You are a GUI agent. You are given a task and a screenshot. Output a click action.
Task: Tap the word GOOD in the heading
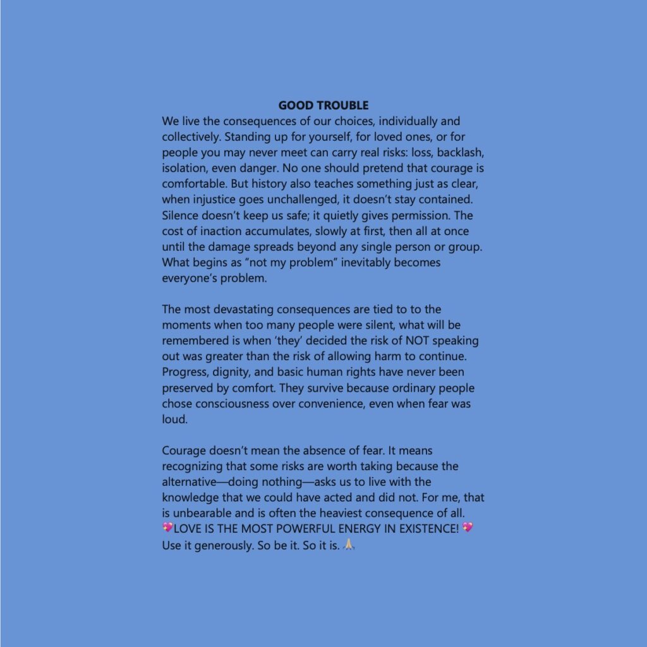click(294, 106)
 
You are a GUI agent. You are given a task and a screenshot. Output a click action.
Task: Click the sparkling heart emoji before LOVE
click(167, 528)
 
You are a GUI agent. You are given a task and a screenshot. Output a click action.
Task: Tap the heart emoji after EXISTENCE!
click(468, 528)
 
